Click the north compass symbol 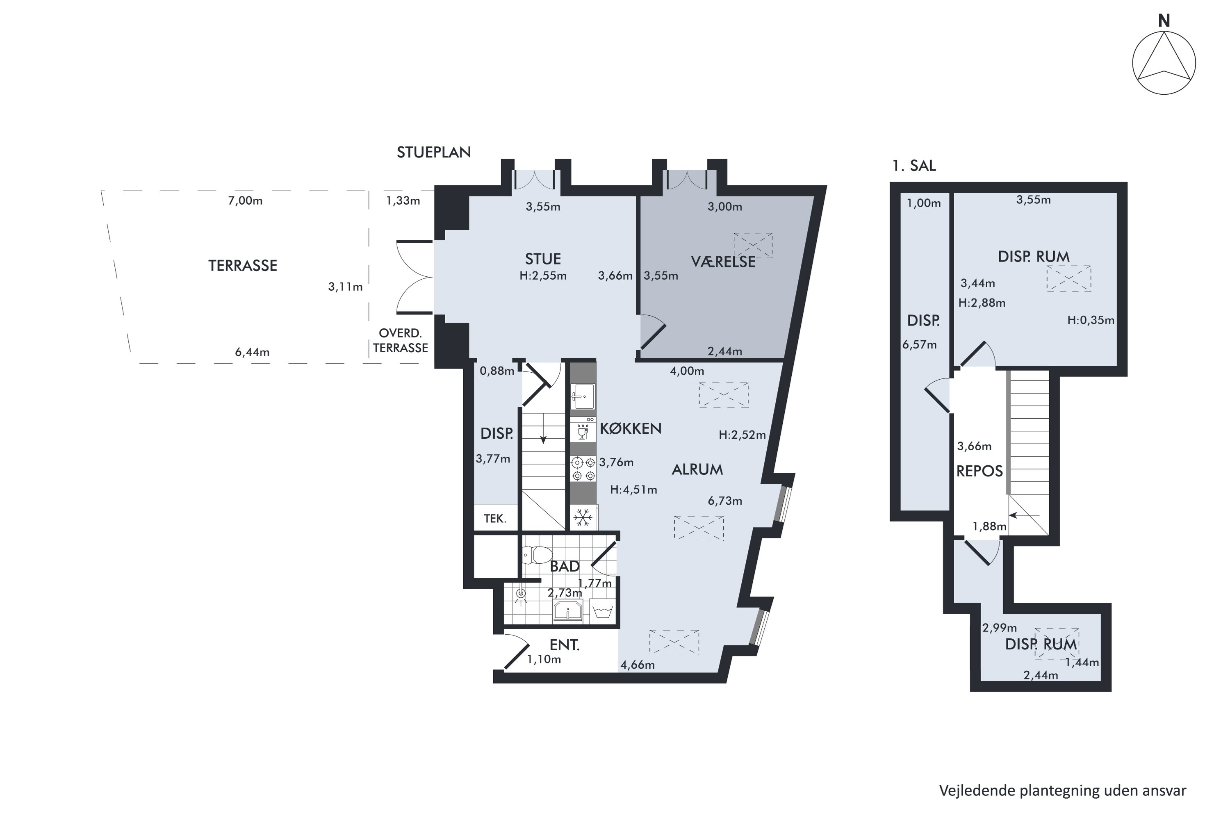point(1164,63)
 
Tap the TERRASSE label point(243,266)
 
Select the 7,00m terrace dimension point(245,201)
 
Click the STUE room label point(543,259)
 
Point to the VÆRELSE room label point(723,262)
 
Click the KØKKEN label point(631,428)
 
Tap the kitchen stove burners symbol point(583,469)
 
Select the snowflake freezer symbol point(583,518)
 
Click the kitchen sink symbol point(583,396)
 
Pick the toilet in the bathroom point(537,555)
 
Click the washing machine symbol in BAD point(603,611)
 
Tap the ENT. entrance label point(565,645)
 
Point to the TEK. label point(495,519)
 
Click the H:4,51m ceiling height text point(633,490)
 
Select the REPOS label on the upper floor point(979,471)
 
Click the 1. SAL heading point(913,166)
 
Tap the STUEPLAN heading point(433,152)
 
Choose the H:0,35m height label point(1091,320)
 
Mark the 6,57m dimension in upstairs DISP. point(919,345)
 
